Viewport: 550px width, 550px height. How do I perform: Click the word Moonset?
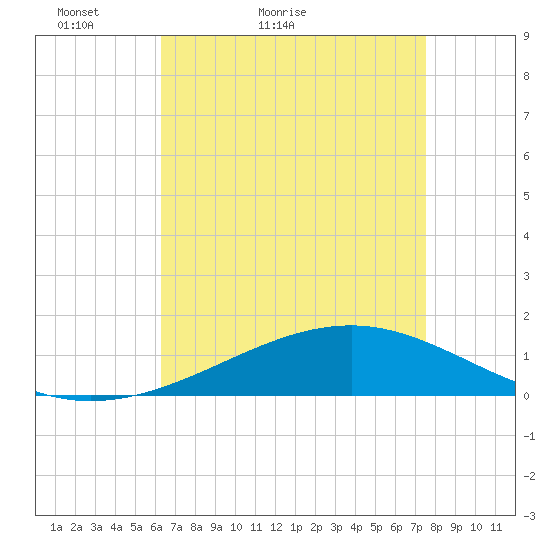[78, 12]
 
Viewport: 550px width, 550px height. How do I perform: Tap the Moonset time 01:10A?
[75, 25]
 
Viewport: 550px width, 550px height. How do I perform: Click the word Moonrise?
[282, 12]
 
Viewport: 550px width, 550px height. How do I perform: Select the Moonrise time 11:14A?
[276, 25]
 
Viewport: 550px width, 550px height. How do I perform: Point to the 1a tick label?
[56, 527]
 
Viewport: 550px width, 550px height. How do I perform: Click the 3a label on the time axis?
[96, 527]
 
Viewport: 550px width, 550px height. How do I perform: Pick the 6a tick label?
[156, 527]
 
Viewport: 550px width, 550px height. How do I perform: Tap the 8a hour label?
[196, 527]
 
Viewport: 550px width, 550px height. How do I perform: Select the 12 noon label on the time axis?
[276, 527]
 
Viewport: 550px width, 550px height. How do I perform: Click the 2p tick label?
[316, 527]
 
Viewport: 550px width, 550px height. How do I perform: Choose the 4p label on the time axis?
[356, 527]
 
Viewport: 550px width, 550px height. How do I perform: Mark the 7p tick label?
[416, 527]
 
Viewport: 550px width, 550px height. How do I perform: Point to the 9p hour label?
[456, 527]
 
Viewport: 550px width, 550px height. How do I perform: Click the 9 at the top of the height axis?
[526, 36]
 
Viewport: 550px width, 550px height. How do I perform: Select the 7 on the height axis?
[526, 116]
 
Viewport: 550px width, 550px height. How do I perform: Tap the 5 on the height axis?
[526, 196]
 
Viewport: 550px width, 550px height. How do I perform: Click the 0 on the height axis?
[526, 396]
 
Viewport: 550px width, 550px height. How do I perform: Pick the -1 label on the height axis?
[529, 436]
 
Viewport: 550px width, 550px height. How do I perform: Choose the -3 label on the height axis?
[529, 516]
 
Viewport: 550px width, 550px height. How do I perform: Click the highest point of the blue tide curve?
[352, 326]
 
